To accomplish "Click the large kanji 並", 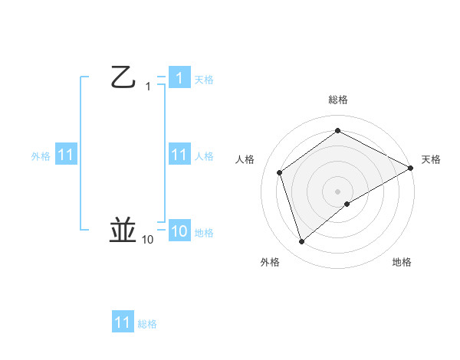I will click(x=124, y=230).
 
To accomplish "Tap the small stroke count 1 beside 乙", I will click(x=148, y=87).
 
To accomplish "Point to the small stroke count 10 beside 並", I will click(x=147, y=240).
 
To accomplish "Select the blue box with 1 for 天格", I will click(x=179, y=78).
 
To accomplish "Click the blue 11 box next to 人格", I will click(x=179, y=155).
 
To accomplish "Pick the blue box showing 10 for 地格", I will click(x=179, y=231).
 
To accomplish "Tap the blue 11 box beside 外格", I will click(x=67, y=155).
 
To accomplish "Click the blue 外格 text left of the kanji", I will click(x=41, y=156).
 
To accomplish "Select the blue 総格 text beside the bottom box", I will click(x=147, y=324).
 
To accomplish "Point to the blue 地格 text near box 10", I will click(x=204, y=233).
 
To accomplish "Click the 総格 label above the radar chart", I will click(x=338, y=100).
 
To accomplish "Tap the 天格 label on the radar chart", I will click(x=431, y=159).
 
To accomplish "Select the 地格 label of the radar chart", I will click(x=402, y=262).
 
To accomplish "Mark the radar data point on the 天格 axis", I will click(x=411, y=168).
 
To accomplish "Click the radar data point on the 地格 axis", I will click(x=347, y=204).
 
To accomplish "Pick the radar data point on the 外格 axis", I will click(x=302, y=242).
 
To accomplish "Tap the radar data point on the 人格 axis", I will click(x=280, y=172).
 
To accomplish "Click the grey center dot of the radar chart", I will click(x=338, y=191).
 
